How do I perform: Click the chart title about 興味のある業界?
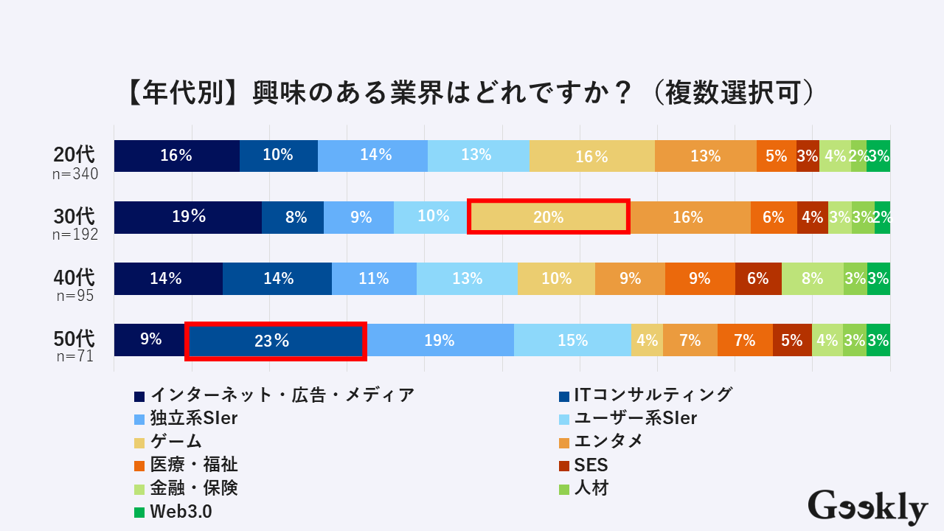pos(471,94)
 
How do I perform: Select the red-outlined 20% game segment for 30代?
pos(549,217)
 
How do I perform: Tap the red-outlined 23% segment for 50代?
pos(275,340)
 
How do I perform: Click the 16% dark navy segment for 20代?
pos(177,156)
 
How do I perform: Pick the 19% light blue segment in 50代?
pos(440,340)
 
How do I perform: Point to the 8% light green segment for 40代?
pos(812,279)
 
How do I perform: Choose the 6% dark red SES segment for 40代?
pos(758,279)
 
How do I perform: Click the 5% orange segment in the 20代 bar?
pos(776,156)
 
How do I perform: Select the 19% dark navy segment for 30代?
pos(188,217)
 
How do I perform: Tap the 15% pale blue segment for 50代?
pos(572,340)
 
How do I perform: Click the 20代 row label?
pos(74,155)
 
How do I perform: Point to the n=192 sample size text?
pos(75,235)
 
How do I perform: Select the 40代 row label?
pos(74,278)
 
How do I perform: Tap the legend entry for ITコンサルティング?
pos(646,395)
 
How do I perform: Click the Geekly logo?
pos(867,507)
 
